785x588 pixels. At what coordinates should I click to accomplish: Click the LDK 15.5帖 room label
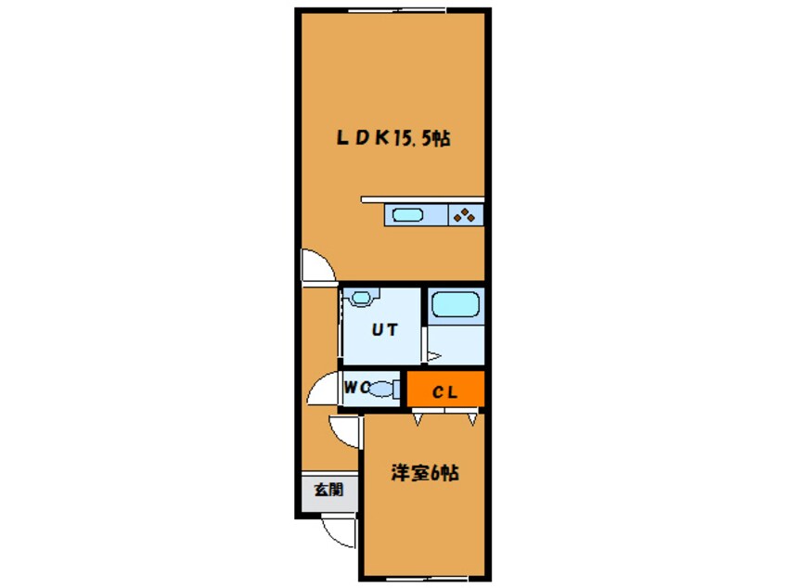pos(393,140)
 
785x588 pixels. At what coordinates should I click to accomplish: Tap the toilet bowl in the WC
pos(380,389)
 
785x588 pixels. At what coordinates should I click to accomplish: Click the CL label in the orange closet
pos(445,392)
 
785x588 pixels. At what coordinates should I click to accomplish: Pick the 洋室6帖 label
pos(423,473)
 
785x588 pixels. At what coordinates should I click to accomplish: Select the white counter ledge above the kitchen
pos(422,198)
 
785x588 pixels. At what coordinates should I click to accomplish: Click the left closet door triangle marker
pos(418,418)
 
